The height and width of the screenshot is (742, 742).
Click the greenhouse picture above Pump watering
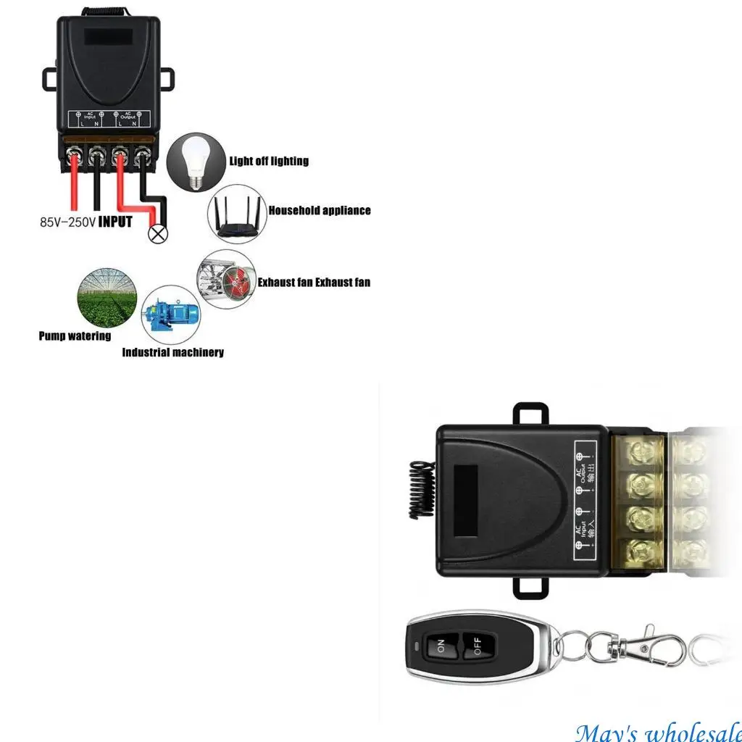pos(106,297)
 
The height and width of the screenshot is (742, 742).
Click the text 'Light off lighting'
pos(269,161)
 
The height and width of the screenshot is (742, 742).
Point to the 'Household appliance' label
pos(320,211)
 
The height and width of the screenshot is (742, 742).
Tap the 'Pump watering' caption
pos(75,336)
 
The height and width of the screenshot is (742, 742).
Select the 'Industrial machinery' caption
pos(172,353)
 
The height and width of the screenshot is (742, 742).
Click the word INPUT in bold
pos(115,222)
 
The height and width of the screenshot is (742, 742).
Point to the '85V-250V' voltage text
pos(67,222)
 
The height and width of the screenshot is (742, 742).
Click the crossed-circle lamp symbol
pos(155,233)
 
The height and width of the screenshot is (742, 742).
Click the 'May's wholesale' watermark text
pos(658,731)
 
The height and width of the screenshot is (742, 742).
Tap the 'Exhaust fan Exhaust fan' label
pos(314,282)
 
